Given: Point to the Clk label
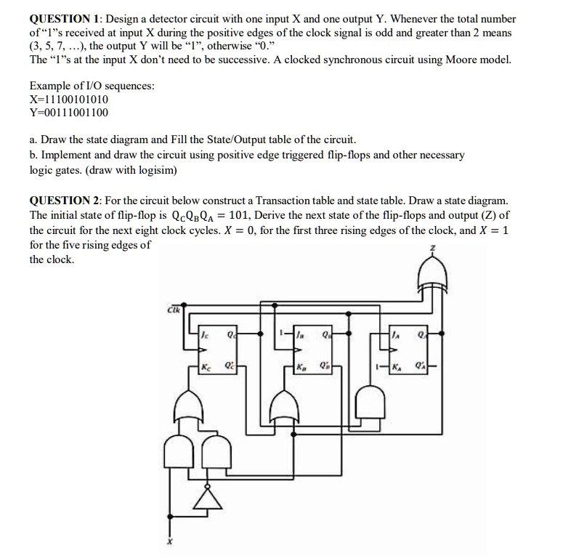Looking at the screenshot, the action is pos(175,309).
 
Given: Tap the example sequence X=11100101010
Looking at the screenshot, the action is pos(69,99).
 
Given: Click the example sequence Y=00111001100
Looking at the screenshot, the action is pos(69,113).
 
